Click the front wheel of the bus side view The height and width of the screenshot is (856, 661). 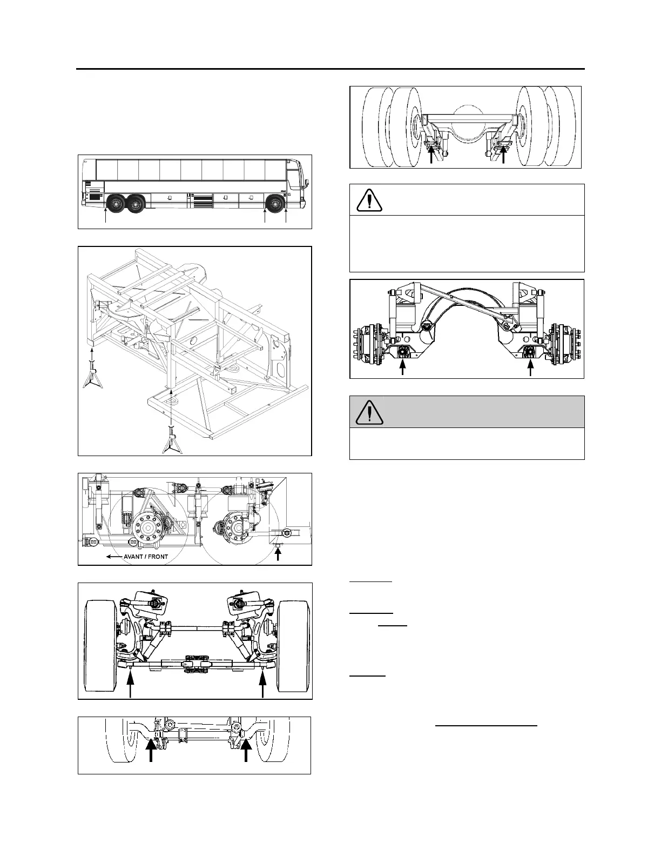(x=275, y=204)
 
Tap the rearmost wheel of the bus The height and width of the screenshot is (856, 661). (x=116, y=204)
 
